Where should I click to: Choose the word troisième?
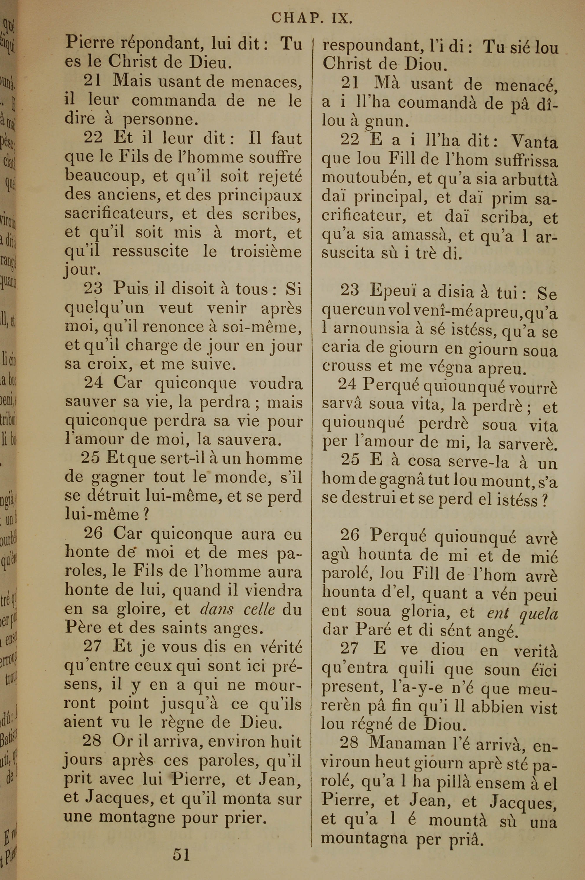266,251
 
